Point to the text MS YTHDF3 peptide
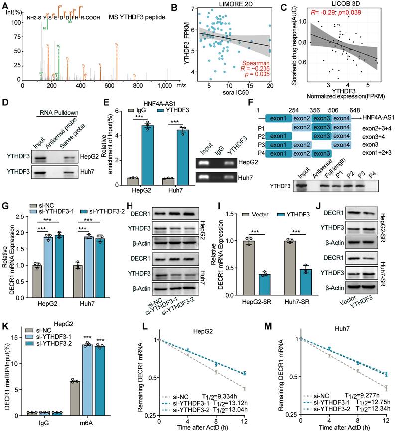(x=131, y=16)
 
